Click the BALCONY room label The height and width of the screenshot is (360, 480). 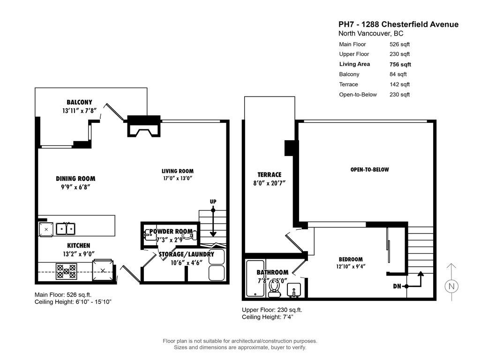79,102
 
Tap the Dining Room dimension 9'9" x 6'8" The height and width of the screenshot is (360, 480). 75,187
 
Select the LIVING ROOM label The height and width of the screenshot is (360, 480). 177,171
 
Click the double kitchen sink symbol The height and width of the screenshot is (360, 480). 65,228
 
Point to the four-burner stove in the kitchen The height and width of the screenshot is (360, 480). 66,271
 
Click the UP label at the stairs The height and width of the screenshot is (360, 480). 213,202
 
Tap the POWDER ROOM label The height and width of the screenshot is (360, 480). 171,231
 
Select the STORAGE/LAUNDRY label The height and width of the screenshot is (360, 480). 186,254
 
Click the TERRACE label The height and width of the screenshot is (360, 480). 269,174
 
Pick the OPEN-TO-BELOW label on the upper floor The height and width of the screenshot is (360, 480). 369,170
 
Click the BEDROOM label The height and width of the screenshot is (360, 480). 351,259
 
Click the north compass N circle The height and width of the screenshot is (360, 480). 451,286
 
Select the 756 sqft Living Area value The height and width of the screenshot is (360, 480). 400,64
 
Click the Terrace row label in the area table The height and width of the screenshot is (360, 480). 348,84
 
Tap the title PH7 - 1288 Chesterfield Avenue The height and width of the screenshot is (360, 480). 398,24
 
